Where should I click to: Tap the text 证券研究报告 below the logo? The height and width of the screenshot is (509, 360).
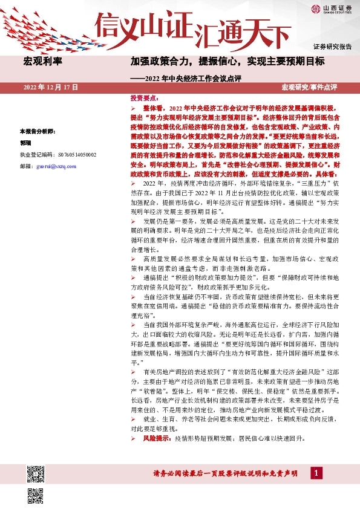[332, 47]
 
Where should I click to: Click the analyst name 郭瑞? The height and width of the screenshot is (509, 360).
[25, 143]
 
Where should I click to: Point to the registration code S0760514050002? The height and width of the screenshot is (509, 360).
[70, 155]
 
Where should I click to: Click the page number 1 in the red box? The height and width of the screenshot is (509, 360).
[315, 473]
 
